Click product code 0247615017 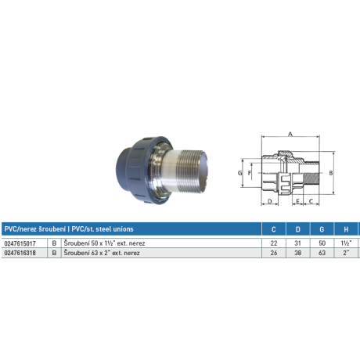pyautogui.click(x=20, y=243)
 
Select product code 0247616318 pyautogui.click(x=20, y=253)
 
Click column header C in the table pyautogui.click(x=274, y=229)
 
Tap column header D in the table pyautogui.click(x=298, y=229)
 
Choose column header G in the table pyautogui.click(x=322, y=229)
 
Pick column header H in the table pyautogui.click(x=346, y=229)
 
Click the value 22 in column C pyautogui.click(x=274, y=243)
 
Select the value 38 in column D pyautogui.click(x=297, y=253)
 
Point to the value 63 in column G pyautogui.click(x=322, y=253)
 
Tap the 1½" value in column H pyautogui.click(x=346, y=243)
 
